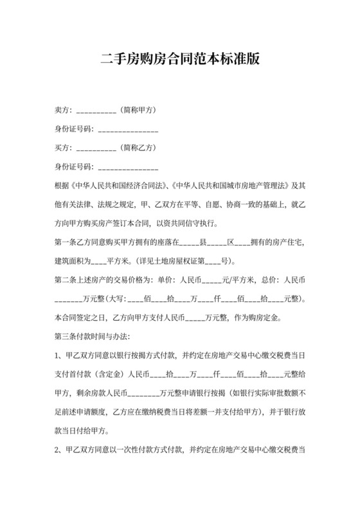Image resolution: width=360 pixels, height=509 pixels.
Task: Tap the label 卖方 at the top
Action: (64, 110)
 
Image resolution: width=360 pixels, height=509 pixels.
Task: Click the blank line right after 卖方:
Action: (96, 111)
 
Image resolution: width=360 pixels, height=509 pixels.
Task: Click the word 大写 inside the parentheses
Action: (117, 299)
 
